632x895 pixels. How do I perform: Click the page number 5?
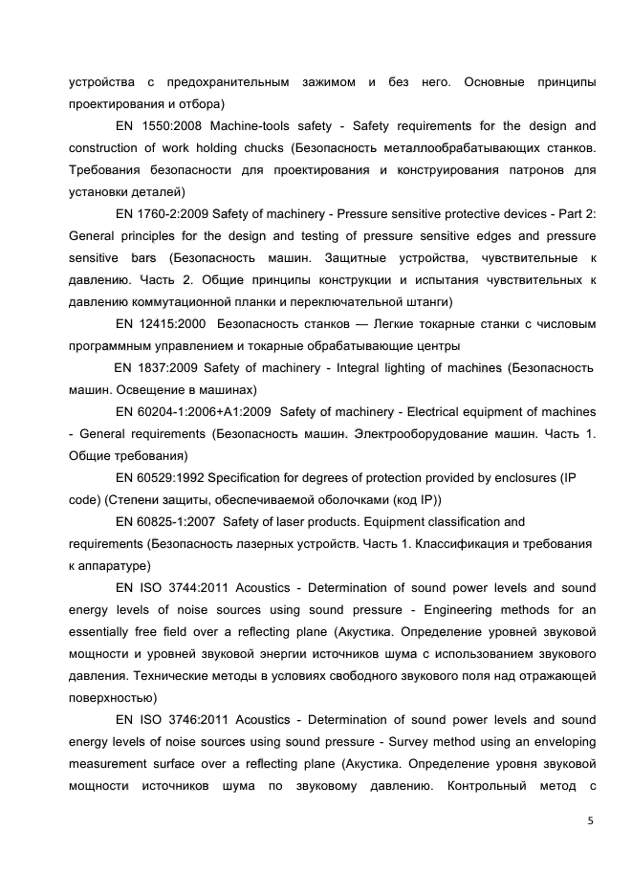coord(590,820)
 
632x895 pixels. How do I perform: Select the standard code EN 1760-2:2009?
coord(163,214)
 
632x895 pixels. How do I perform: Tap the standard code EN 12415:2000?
coord(161,324)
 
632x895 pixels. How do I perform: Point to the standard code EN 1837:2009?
coord(157,368)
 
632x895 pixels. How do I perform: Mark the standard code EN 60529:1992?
coord(160,478)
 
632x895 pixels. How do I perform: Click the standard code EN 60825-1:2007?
coord(163,522)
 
